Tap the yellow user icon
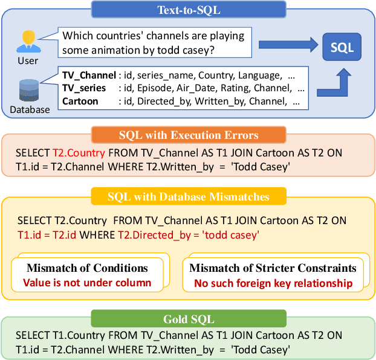(28, 40)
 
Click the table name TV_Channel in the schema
(89, 76)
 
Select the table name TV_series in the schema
(84, 88)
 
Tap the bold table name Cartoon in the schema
(80, 101)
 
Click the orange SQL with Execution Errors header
(188, 135)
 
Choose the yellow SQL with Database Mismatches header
(188, 197)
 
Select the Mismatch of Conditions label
(87, 268)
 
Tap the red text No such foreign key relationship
(273, 282)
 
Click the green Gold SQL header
(188, 318)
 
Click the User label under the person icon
(28, 60)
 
